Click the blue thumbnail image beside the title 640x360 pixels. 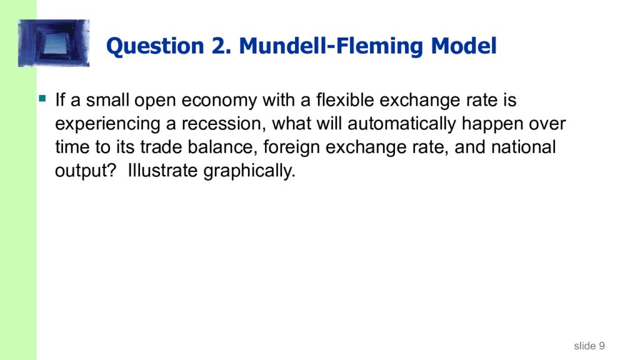(54, 43)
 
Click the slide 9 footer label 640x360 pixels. (589, 346)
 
